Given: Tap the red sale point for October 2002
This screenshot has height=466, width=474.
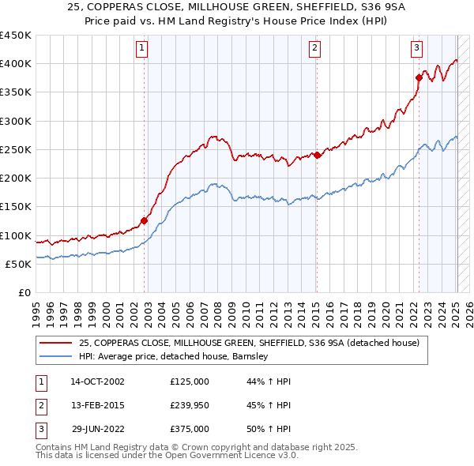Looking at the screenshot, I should (x=145, y=221).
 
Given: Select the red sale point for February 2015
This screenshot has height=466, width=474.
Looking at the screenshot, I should (x=317, y=155).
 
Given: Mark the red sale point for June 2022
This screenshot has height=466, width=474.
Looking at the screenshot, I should (x=419, y=77).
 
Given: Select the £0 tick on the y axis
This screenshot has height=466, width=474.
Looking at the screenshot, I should (x=24, y=293).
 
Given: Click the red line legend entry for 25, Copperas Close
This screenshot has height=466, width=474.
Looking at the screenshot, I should (x=253, y=344).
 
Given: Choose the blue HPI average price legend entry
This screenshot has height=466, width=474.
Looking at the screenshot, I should (x=174, y=356).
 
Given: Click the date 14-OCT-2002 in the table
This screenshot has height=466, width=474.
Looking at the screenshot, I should (x=97, y=381).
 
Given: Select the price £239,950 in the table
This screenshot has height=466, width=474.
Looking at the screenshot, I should (x=189, y=405).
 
